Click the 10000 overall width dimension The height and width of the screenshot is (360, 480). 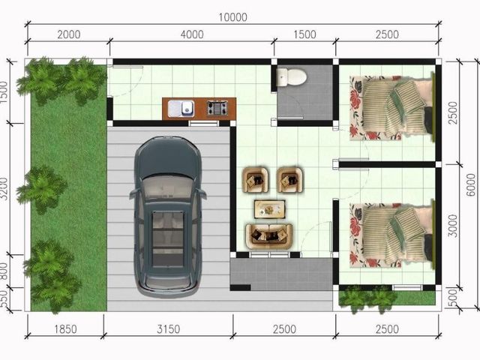coord(232,17)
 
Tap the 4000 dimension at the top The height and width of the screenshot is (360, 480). coord(192,34)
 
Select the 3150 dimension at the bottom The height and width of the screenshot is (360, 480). coord(168,329)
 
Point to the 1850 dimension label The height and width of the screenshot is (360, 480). coord(65,329)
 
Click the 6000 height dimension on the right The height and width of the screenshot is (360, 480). coord(472,185)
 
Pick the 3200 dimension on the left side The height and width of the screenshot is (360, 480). coord(4,188)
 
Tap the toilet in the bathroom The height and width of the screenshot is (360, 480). coord(291,76)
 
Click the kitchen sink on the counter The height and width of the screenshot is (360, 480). coord(181,108)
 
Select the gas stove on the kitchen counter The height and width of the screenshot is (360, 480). coord(217,108)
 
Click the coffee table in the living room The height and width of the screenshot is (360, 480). coord(270,209)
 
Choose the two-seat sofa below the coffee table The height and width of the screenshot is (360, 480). coord(268,236)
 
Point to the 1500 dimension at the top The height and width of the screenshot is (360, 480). coord(305,34)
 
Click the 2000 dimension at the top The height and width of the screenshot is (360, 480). coord(69,34)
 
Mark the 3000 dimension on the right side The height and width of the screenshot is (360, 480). coord(453,226)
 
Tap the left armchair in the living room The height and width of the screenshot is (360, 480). coord(256,180)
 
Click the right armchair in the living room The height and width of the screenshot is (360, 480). coord(289,180)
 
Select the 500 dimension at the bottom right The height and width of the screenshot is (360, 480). coord(453,296)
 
